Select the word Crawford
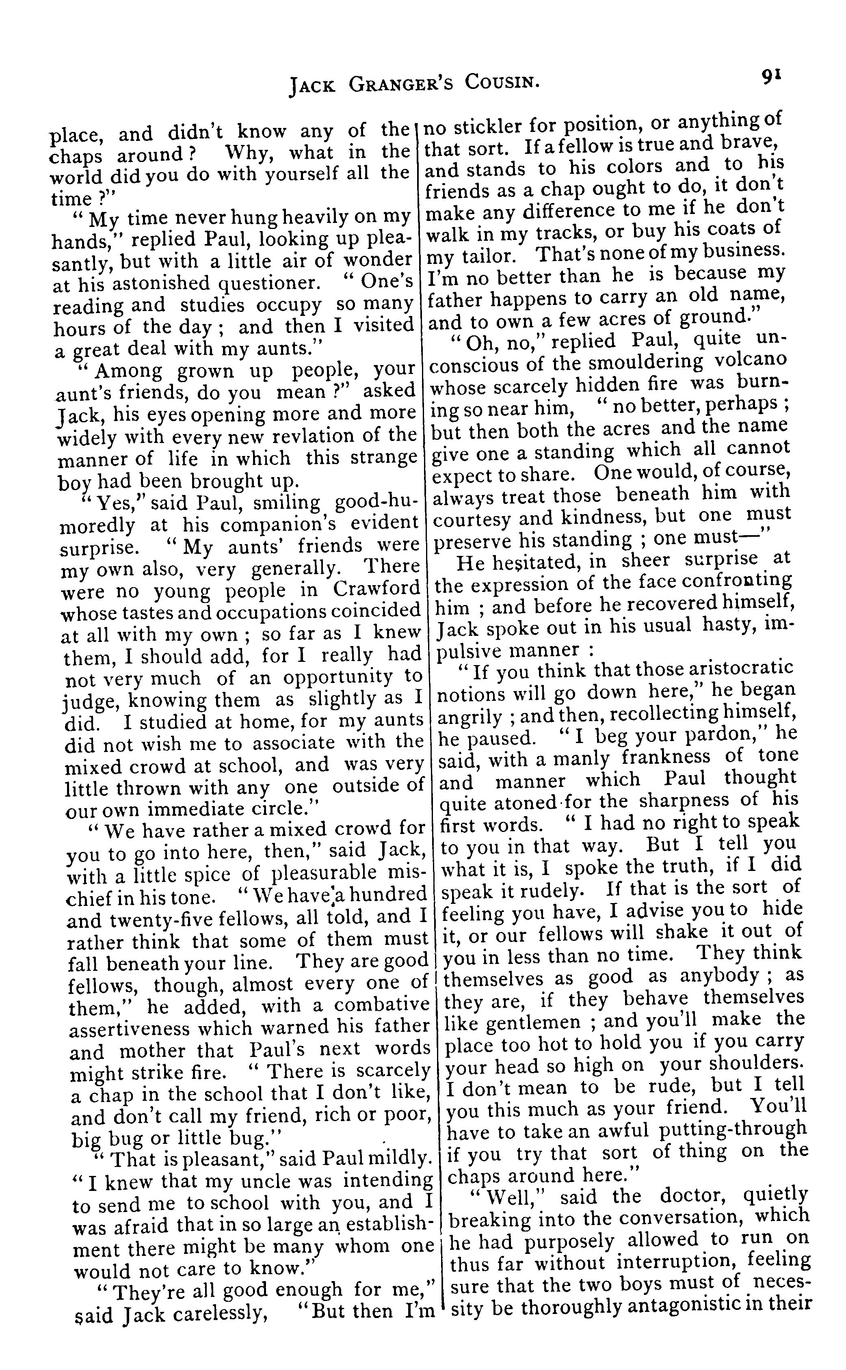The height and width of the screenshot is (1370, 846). coord(376,588)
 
